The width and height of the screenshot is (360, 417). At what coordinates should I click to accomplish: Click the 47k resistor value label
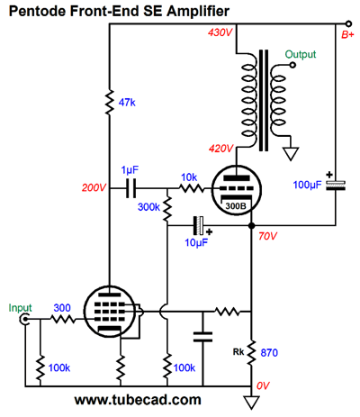pos(127,103)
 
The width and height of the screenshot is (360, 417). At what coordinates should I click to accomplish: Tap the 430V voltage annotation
pos(220,32)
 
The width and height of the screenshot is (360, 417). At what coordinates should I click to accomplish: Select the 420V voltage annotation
pos(221,149)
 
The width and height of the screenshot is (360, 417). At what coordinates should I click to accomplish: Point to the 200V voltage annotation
pos(94,188)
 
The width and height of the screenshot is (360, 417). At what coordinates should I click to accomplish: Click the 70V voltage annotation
pos(267,236)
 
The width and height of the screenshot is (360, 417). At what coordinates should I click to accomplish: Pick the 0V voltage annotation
pos(263,385)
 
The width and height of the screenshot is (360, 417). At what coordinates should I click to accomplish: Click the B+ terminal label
pos(347,35)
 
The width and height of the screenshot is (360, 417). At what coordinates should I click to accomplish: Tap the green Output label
pos(301,55)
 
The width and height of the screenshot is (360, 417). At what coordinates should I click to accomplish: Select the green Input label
pos(20,308)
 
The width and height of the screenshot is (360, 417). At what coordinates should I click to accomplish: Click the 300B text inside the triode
pos(236,206)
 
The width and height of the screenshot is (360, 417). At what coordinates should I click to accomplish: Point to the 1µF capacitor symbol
pos(130,188)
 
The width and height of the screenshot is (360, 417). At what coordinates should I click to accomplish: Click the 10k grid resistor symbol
pos(192,188)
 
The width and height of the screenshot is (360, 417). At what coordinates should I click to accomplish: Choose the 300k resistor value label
pos(148,207)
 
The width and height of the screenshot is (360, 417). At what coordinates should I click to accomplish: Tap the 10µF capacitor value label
pos(196,242)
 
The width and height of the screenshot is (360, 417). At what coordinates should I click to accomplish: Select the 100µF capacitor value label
pos(307,185)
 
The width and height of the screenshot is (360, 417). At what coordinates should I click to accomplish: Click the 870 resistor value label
pos(269,353)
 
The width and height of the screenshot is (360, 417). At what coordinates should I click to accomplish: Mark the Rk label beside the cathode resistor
pos(238,352)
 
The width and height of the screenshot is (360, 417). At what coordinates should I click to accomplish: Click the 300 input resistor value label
pos(62,308)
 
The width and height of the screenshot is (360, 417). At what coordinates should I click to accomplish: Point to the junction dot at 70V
pos(252,226)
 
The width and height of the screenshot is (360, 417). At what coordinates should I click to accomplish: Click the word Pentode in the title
pos(38,12)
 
